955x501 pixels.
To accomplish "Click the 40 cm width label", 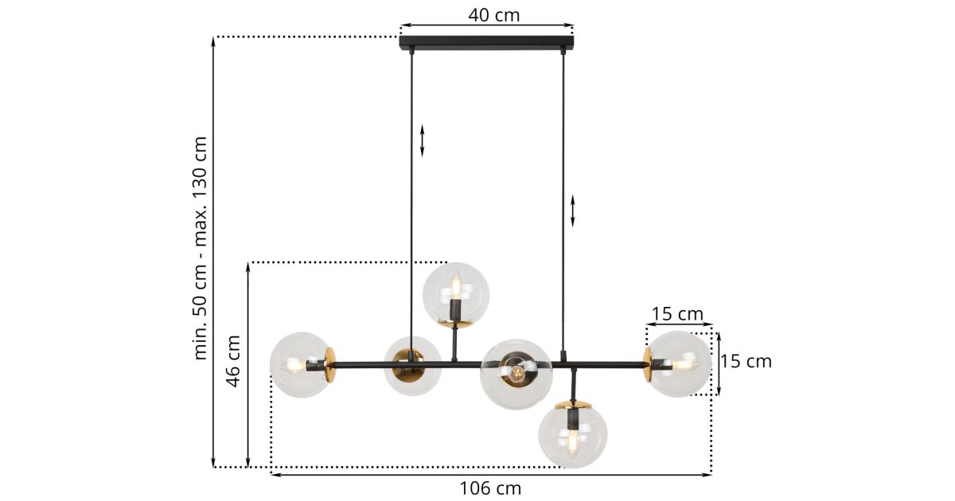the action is (494, 15).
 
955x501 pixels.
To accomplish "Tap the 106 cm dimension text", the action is (490, 488).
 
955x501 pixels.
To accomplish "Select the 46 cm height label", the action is (233, 361).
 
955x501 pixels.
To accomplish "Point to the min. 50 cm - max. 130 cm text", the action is (200, 248).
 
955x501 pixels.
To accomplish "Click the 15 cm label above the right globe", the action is (677, 314).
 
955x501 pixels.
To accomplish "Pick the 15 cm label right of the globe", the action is (746, 362).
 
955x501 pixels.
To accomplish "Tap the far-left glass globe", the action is (302, 365).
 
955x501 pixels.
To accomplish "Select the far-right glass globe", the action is (678, 364).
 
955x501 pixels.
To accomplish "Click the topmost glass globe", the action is (456, 295).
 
